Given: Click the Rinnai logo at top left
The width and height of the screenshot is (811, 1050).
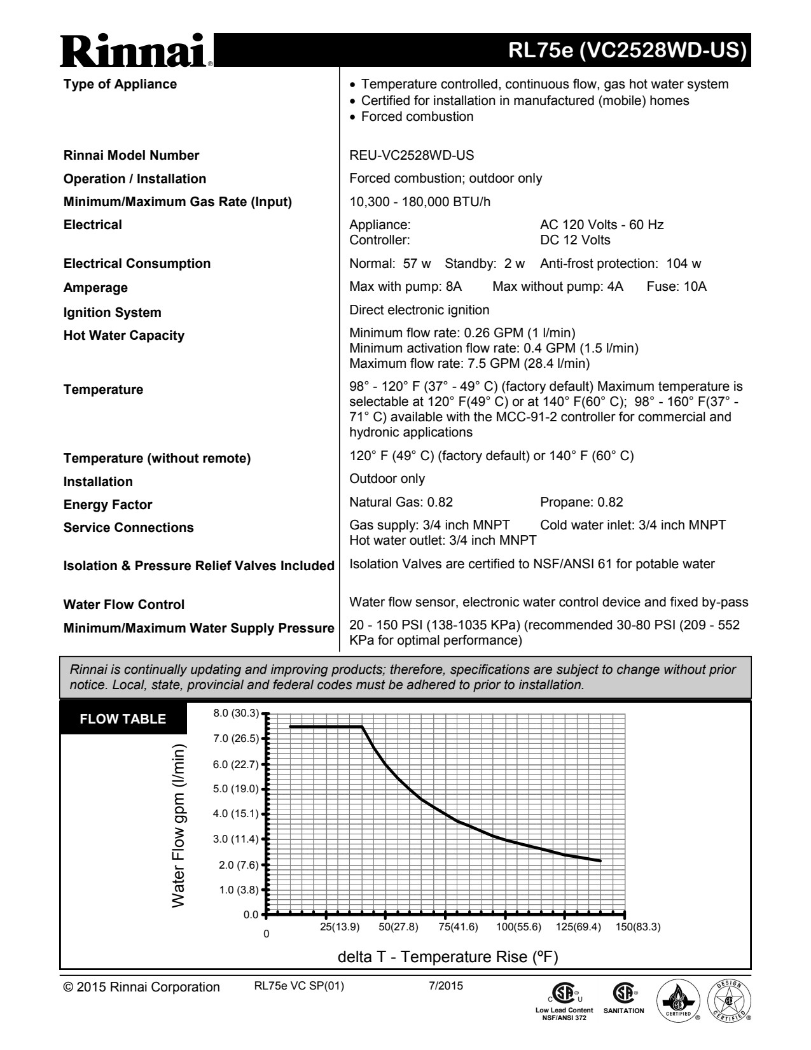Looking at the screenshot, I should [137, 50].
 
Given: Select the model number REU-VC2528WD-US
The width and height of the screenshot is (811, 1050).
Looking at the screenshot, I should [412, 155].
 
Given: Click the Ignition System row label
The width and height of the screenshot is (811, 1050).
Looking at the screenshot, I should [112, 312].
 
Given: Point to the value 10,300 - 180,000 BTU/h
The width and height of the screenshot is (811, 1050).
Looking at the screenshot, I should [420, 202].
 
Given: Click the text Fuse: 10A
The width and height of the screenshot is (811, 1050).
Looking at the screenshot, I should [676, 286].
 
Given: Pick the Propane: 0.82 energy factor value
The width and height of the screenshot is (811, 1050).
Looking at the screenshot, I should [581, 502].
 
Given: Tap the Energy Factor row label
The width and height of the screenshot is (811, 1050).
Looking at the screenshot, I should [107, 505].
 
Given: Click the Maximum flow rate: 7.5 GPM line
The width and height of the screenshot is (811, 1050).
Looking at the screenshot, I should [469, 363].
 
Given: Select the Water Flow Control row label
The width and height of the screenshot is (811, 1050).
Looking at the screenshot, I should [123, 605].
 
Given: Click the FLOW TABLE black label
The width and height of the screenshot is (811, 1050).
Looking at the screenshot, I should [123, 719].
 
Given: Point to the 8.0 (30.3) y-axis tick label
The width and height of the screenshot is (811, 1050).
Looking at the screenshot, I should [236, 713].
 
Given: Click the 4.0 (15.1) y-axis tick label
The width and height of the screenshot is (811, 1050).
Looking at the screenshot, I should [236, 813].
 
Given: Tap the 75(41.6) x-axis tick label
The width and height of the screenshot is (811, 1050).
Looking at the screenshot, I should [458, 927].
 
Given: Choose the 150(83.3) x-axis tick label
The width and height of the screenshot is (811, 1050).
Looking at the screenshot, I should [638, 927].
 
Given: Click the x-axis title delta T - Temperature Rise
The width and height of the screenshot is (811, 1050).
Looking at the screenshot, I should [448, 956].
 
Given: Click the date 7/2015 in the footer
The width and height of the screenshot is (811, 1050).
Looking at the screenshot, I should [447, 986].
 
